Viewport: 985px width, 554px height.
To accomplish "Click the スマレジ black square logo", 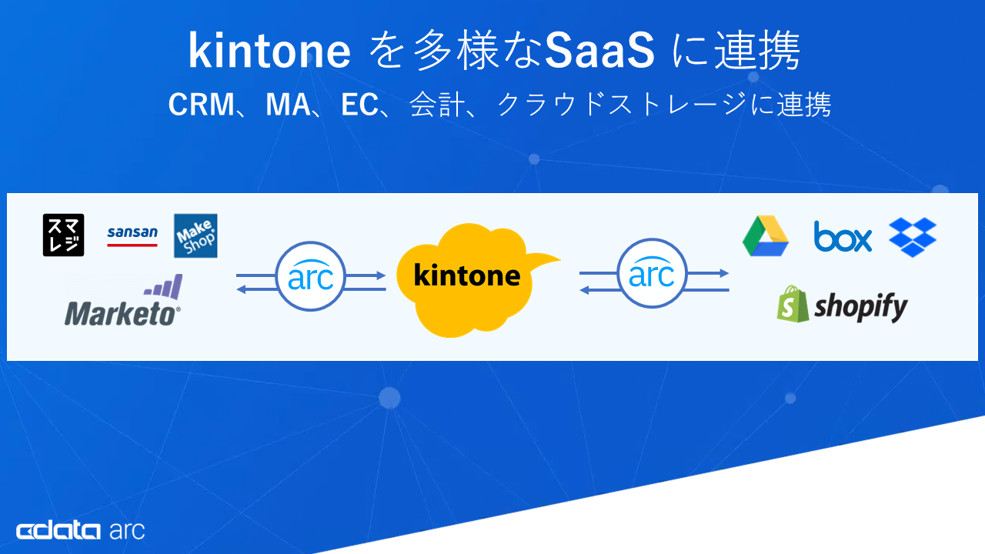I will [x=63, y=235].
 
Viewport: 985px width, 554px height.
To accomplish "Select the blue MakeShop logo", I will [x=195, y=235].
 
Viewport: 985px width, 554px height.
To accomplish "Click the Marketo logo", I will [x=123, y=302].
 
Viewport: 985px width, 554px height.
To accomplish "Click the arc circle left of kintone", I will [x=310, y=275].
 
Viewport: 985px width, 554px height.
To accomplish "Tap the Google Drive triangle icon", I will [x=766, y=235].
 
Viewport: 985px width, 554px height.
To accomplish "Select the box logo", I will [x=843, y=237].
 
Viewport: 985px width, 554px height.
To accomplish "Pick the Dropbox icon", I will [x=913, y=237].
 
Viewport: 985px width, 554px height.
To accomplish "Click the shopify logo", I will [x=842, y=305].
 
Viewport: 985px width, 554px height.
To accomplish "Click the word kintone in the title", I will [x=269, y=52].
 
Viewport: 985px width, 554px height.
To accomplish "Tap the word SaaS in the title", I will [x=600, y=52].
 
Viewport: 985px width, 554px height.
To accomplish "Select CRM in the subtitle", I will [x=200, y=105].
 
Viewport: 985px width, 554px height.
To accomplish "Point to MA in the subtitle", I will [x=285, y=105].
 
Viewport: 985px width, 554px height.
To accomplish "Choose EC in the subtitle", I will [x=359, y=105].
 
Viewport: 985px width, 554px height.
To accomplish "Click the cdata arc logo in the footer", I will [x=80, y=530].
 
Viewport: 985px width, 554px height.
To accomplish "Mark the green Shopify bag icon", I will [x=793, y=305].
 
